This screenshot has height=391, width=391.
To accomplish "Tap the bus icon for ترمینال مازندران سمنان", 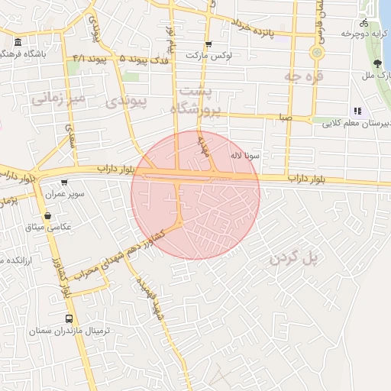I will (69, 318).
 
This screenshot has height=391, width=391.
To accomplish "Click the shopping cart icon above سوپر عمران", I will (64, 183).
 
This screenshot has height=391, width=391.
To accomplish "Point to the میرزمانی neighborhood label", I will (56, 98).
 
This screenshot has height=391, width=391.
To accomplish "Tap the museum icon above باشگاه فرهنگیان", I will (18, 41).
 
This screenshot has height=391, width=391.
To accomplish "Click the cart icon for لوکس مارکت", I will (208, 44).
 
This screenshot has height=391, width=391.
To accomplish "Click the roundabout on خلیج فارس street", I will (316, 52).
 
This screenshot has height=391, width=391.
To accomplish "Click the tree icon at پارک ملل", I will (377, 63).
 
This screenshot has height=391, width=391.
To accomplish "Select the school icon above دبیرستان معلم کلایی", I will (357, 111).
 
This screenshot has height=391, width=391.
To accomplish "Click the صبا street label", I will (285, 118).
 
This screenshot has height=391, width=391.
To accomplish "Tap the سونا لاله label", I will (244, 156).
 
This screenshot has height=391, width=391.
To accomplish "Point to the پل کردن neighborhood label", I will (292, 259).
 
